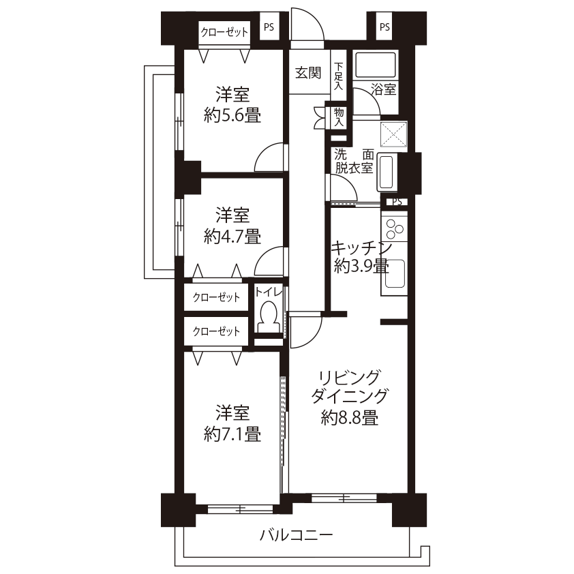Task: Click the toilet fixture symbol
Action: pos(269,316)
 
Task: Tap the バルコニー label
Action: pos(297,535)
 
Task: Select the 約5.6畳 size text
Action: pos(232,116)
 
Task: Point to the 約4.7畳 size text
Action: pos(232,237)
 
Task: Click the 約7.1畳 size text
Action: pos(232,434)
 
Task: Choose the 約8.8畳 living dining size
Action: pos(350,417)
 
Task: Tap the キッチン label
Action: pos(361,248)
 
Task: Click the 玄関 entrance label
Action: pos(308,73)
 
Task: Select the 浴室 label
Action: pos(383,89)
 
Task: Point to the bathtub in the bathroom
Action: pos(376,65)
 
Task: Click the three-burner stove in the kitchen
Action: pos(394,228)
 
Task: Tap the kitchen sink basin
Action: pos(394,273)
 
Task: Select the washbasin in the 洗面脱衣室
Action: pos(387,172)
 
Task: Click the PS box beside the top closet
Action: pos(269,27)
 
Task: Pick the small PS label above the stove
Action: pos(397,202)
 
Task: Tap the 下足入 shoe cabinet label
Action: pos(339,76)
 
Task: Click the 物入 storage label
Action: pos(339,117)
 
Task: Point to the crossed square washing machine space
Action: pos(393,134)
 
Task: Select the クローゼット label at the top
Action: pos(224,32)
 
